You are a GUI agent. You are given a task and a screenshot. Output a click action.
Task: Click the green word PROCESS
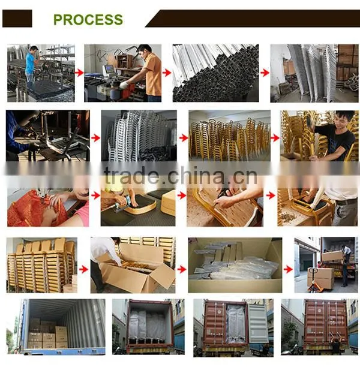(x=88, y=19)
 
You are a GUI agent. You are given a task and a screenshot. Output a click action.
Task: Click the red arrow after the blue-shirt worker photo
(x=79, y=73)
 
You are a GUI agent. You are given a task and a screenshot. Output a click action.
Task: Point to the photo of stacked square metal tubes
(x=216, y=73)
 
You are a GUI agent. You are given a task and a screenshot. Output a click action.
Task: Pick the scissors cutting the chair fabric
(x=224, y=195)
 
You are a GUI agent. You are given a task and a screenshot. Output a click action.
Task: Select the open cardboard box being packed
(x=137, y=274)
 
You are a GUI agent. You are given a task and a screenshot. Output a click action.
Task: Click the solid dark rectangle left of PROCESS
(x=17, y=19)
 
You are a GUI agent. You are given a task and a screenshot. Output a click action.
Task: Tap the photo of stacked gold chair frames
(x=230, y=136)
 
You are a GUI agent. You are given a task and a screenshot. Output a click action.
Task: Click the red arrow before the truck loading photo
(x=288, y=270)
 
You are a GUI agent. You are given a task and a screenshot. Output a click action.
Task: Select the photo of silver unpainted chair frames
(x=139, y=136)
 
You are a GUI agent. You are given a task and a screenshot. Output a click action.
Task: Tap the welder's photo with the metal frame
(x=48, y=136)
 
